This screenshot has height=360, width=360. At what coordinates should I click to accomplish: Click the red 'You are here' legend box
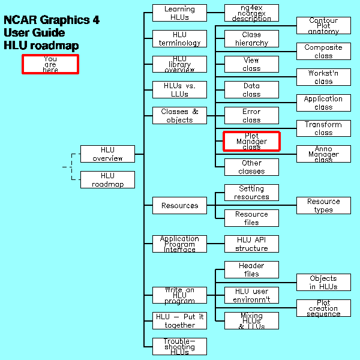[x=50, y=64]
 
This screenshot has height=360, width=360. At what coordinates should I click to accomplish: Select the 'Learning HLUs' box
[x=179, y=13]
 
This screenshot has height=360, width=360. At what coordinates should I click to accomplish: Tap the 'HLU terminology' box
[x=179, y=38]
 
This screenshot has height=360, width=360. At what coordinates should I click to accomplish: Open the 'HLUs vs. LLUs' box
[x=179, y=90]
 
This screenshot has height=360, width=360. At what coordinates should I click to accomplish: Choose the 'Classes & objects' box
[x=179, y=115]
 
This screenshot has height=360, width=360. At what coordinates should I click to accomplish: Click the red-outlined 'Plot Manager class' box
[x=251, y=142]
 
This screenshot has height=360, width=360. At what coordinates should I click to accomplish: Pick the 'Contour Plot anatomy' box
[x=323, y=26]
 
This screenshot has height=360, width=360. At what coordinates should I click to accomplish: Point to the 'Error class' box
[x=251, y=116]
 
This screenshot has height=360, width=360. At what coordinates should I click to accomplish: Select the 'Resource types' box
[x=323, y=205]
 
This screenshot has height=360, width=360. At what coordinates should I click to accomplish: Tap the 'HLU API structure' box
[x=251, y=244]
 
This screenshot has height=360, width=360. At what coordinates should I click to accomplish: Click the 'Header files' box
[x=251, y=269]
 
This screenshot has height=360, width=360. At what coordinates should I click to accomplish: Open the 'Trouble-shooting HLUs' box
[x=179, y=346]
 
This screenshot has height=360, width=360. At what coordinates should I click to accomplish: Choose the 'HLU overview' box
[x=107, y=154]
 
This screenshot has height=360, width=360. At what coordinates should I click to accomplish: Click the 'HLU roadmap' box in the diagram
[x=107, y=180]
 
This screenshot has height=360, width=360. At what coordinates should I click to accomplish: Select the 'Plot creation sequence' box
[x=323, y=308]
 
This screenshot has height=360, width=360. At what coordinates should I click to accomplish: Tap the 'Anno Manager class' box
[x=323, y=154]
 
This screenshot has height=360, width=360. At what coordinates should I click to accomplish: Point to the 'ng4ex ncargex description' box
[x=251, y=13]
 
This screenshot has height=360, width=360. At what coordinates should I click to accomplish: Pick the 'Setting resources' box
[x=251, y=193]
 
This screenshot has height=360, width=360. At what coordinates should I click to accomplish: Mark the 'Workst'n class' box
[x=323, y=77]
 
